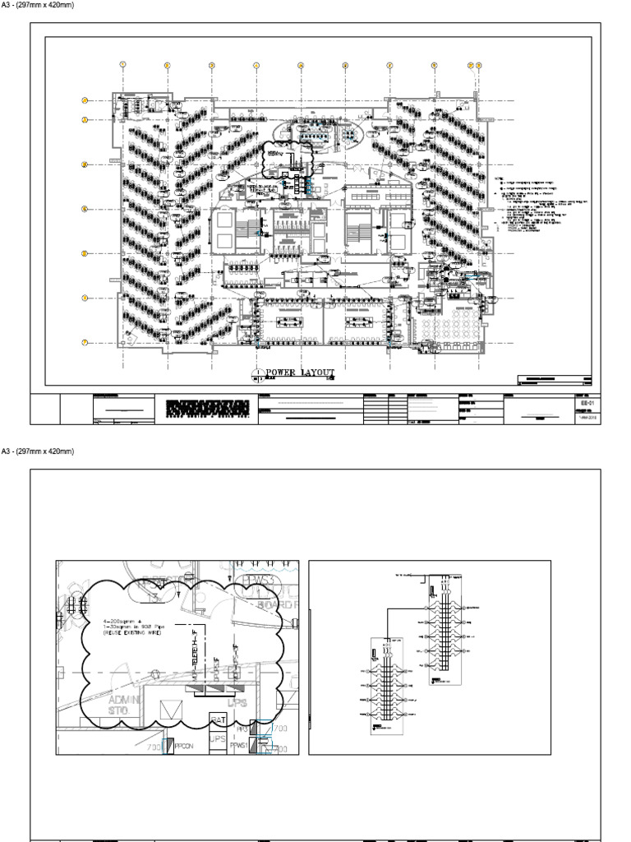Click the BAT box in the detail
coord(218,719)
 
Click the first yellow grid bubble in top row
coord(122,64)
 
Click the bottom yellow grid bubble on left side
coord(85,342)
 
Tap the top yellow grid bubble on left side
coord(85,101)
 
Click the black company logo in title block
coord(206,408)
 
